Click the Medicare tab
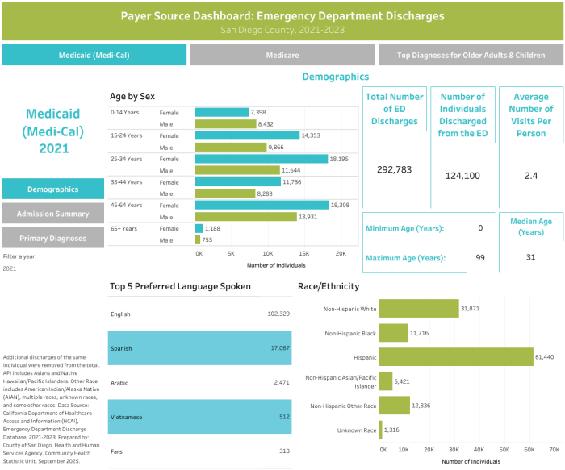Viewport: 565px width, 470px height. (x=282, y=56)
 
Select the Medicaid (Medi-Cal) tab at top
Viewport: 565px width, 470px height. (x=94, y=56)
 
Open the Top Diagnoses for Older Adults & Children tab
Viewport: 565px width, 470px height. (x=471, y=56)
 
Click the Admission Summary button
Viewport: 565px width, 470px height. (x=52, y=213)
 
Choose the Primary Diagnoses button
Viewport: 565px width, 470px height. (x=52, y=238)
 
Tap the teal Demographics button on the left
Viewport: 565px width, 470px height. (x=52, y=189)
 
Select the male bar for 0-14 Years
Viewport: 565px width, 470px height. (x=225, y=124)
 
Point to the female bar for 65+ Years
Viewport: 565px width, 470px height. (x=199, y=229)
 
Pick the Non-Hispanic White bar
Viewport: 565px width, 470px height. (x=418, y=308)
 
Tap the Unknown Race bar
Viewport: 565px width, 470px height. (x=380, y=430)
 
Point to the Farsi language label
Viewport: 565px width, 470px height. (x=117, y=452)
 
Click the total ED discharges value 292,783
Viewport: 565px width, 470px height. (x=395, y=170)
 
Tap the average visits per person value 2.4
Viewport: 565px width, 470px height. (x=530, y=174)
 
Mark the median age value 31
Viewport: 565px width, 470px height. (x=530, y=257)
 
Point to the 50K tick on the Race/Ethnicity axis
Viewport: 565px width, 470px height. (x=504, y=449)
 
